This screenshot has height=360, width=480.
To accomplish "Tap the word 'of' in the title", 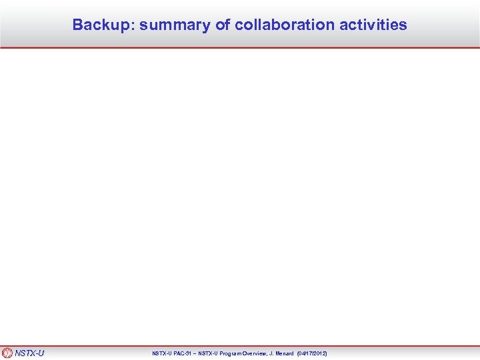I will tap(222, 25).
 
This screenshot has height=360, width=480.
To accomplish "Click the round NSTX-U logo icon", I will tap(7, 353).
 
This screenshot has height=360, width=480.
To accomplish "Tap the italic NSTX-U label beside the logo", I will tap(29, 353).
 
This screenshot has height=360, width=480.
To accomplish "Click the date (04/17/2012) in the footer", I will tap(312, 353).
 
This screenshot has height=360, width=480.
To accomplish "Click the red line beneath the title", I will tap(240, 47).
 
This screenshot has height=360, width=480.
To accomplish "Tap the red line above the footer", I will tap(240, 346).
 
